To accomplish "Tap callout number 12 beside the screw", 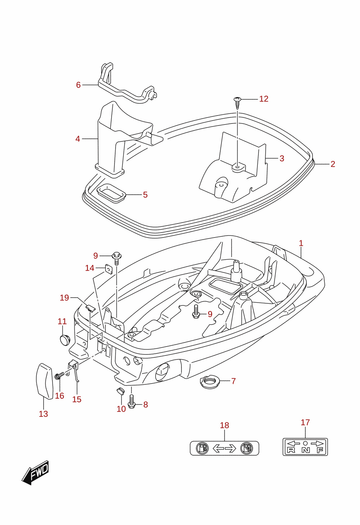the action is (x=264, y=99).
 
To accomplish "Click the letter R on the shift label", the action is (x=291, y=450).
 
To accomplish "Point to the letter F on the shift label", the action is (x=320, y=450).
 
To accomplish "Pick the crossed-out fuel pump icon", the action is (x=247, y=448).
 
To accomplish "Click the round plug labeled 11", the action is (x=65, y=340).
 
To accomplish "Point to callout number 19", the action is (x=64, y=298).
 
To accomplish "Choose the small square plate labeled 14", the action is (x=109, y=269).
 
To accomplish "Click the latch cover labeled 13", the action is (x=45, y=381).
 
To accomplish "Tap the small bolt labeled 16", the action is (x=59, y=376).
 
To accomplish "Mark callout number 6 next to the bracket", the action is (x=78, y=85).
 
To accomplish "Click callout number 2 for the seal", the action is (x=333, y=164).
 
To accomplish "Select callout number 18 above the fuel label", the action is (x=224, y=425).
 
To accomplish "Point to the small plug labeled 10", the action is (x=120, y=390).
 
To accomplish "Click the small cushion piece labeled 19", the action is (x=90, y=308).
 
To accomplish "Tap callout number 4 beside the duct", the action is (x=78, y=139).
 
